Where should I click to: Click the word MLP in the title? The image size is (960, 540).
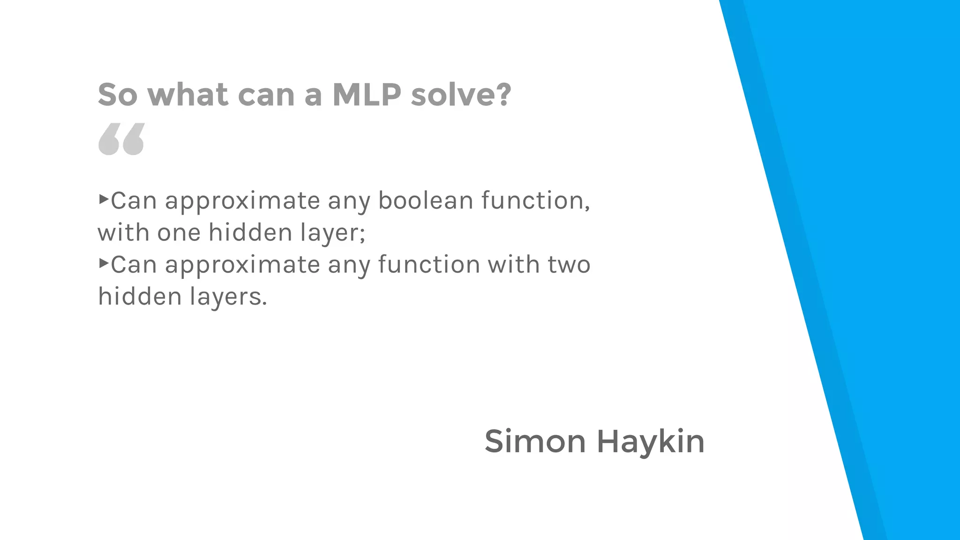[x=367, y=94]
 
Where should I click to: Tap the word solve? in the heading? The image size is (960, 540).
[x=460, y=94]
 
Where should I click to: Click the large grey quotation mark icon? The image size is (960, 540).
[x=121, y=139]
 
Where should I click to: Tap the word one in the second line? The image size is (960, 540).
[x=179, y=232]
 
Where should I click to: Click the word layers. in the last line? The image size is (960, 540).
[x=228, y=297]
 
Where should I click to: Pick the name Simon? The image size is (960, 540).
[x=535, y=442]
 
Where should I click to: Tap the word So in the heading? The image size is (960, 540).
[x=118, y=94]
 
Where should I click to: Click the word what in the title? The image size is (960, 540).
[x=187, y=94]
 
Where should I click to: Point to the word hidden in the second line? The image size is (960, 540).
[x=250, y=232]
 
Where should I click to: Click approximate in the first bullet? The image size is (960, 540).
[x=242, y=201]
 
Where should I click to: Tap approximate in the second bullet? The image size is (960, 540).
[x=242, y=265]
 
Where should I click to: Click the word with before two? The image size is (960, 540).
[x=514, y=264]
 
